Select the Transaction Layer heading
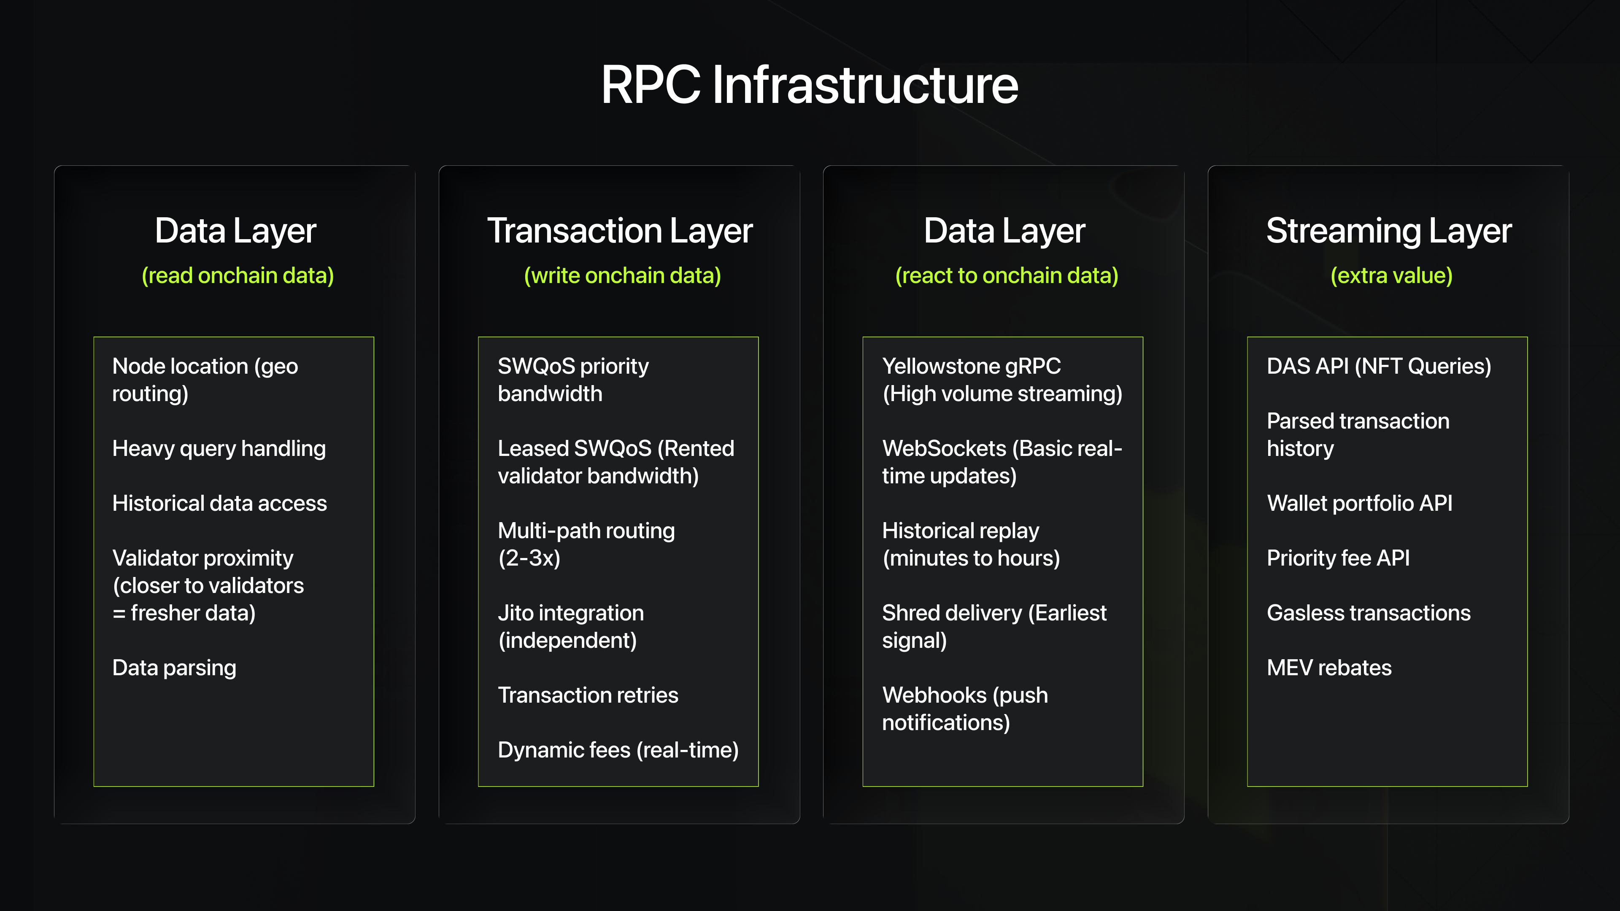click(619, 231)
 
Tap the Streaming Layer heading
click(1388, 231)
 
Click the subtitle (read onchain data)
click(237, 275)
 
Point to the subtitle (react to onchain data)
click(1006, 275)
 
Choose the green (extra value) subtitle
click(1391, 275)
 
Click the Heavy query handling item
click(219, 448)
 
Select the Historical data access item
click(219, 503)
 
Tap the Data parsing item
click(174, 668)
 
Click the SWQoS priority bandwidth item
click(572, 380)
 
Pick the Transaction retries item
click(588, 695)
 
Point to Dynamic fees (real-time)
click(618, 750)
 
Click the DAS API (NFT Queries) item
click(1379, 366)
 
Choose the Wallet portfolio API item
click(1360, 503)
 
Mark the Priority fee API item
click(1338, 558)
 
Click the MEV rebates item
click(1329, 668)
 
